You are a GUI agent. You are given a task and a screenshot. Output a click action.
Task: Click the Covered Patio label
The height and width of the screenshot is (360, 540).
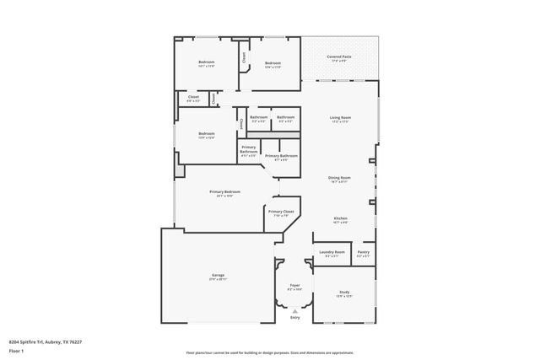coord(340,56)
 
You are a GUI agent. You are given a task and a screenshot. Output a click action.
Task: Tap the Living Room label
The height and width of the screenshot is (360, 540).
coord(340,117)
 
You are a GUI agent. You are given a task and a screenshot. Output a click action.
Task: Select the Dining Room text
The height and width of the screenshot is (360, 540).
coord(340,178)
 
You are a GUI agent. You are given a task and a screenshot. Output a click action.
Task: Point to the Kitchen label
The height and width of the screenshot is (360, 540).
coord(340,218)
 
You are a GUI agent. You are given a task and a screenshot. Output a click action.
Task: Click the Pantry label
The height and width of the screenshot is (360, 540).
coord(363,252)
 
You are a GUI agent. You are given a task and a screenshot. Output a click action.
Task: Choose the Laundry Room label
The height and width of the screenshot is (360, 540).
coord(332,252)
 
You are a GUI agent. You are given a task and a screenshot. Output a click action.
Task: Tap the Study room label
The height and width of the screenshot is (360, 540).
coord(344,292)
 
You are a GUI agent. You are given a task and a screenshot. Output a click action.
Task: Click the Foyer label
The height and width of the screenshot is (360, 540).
coord(294,286)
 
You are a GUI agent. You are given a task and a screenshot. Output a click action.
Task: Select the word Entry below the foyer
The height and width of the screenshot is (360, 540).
coord(294,317)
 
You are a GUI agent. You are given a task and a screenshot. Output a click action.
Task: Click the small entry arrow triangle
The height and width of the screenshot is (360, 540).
coord(294,310)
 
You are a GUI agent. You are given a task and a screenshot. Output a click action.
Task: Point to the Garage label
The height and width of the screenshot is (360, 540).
coord(218,276)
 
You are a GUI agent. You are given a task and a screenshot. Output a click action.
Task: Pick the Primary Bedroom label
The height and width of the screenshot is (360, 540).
coord(224,192)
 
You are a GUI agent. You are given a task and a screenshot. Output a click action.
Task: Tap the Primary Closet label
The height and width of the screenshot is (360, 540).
coord(281,212)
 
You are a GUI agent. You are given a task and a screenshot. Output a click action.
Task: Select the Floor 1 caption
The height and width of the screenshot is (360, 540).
coord(17,351)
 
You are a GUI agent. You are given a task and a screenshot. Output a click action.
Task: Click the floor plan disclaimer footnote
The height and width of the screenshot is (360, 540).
coord(269,352)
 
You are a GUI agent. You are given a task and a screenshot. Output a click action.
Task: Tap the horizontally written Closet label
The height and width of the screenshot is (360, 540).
coord(193,97)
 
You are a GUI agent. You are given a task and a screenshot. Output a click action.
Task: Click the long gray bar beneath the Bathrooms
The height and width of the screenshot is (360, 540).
coord(273,135)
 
